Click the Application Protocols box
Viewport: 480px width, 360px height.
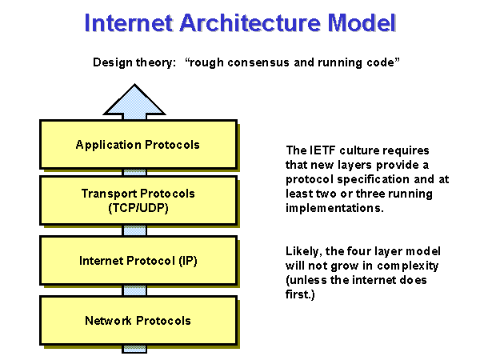pos(138,145)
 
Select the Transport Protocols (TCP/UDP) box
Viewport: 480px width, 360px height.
pos(138,200)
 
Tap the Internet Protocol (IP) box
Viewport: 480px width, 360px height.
pos(138,260)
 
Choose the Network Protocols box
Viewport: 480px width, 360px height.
pos(138,321)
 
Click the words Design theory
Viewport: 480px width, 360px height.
pos(131,62)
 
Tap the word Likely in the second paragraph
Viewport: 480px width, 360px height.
pos(302,251)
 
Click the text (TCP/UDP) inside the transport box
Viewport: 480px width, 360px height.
pos(138,207)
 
